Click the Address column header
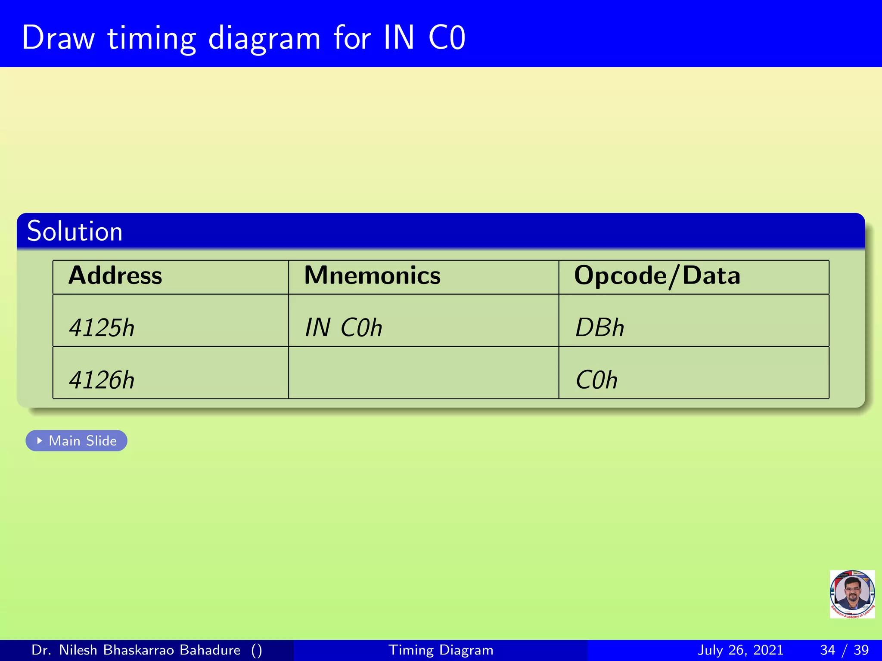point(115,276)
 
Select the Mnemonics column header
point(372,276)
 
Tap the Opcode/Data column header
point(657,276)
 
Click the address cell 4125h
point(102,328)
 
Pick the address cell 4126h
point(102,380)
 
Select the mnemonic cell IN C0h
point(343,328)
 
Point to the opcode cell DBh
point(599,328)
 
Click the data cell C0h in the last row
point(596,380)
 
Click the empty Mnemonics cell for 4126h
point(423,373)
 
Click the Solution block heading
point(75,232)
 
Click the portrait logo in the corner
point(852,594)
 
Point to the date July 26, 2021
point(740,650)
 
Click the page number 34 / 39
point(844,650)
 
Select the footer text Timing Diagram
point(441,650)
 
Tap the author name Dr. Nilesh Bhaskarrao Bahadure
point(136,650)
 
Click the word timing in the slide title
point(152,39)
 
